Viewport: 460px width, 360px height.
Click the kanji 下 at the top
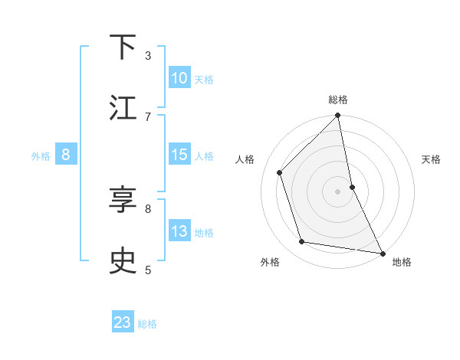point(123,47)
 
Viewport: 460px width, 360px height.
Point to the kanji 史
point(123,262)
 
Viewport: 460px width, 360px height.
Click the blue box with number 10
point(179,78)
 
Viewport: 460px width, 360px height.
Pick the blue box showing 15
point(179,155)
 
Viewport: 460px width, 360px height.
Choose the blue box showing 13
point(179,231)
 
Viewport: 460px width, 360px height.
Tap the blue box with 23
point(123,322)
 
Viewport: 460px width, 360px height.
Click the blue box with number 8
point(66,155)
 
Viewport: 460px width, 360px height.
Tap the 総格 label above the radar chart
point(338,100)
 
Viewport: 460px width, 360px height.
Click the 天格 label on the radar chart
point(432,159)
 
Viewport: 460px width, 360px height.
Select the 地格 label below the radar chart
point(402,262)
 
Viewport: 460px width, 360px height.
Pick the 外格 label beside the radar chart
point(270,262)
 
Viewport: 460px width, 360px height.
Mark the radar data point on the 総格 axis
point(338,116)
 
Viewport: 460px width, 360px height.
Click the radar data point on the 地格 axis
point(382,252)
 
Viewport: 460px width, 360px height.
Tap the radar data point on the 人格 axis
point(280,172)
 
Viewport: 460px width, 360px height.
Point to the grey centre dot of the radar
point(338,191)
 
